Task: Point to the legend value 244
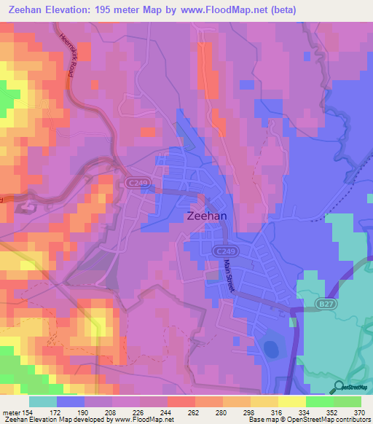point(167,413)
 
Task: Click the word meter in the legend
point(10,413)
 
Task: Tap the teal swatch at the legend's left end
point(43,401)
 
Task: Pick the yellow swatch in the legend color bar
point(292,401)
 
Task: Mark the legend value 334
point(305,413)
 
